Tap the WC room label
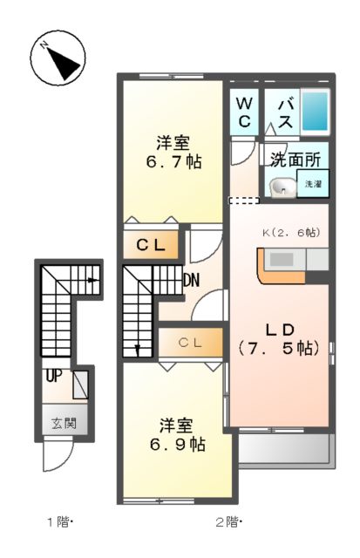244,113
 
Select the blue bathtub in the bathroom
315,112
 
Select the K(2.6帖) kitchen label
290,233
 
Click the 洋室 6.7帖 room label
174,152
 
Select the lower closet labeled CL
190,343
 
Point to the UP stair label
54,378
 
